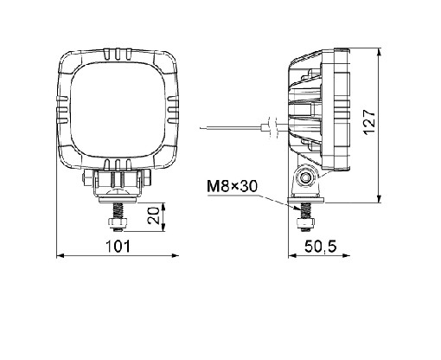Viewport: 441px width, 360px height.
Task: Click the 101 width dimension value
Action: tap(118, 247)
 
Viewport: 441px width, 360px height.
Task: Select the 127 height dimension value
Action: tap(369, 122)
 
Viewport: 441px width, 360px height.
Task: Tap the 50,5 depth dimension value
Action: tap(321, 247)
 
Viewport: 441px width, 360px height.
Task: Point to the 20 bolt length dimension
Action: tap(153, 215)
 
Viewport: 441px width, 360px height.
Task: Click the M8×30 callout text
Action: tap(232, 187)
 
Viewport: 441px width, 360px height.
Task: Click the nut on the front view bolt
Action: tap(118, 222)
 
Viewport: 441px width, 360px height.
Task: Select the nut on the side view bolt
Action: tap(304, 222)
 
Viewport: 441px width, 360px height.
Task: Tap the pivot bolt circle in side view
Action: tap(305, 177)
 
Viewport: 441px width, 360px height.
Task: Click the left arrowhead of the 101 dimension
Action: tap(61, 255)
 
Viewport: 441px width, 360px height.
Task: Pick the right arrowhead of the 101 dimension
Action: tap(176, 255)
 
